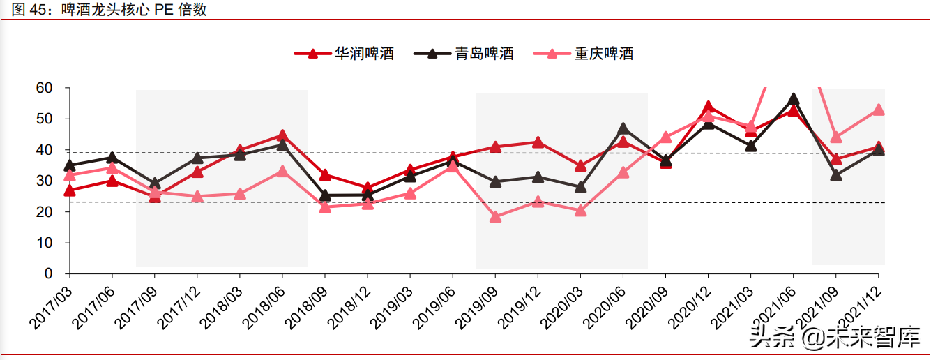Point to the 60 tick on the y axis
[44, 88]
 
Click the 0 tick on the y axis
[48, 274]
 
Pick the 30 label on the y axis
[44, 181]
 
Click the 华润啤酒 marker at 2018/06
[282, 135]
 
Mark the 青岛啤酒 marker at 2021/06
[793, 98]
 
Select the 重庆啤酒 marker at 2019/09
[495, 217]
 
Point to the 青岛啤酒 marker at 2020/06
[623, 128]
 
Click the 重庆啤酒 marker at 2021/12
[878, 110]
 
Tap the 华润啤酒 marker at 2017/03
[70, 190]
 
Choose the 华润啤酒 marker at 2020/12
[708, 107]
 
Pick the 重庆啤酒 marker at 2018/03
[240, 193]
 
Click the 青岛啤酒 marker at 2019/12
[538, 177]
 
